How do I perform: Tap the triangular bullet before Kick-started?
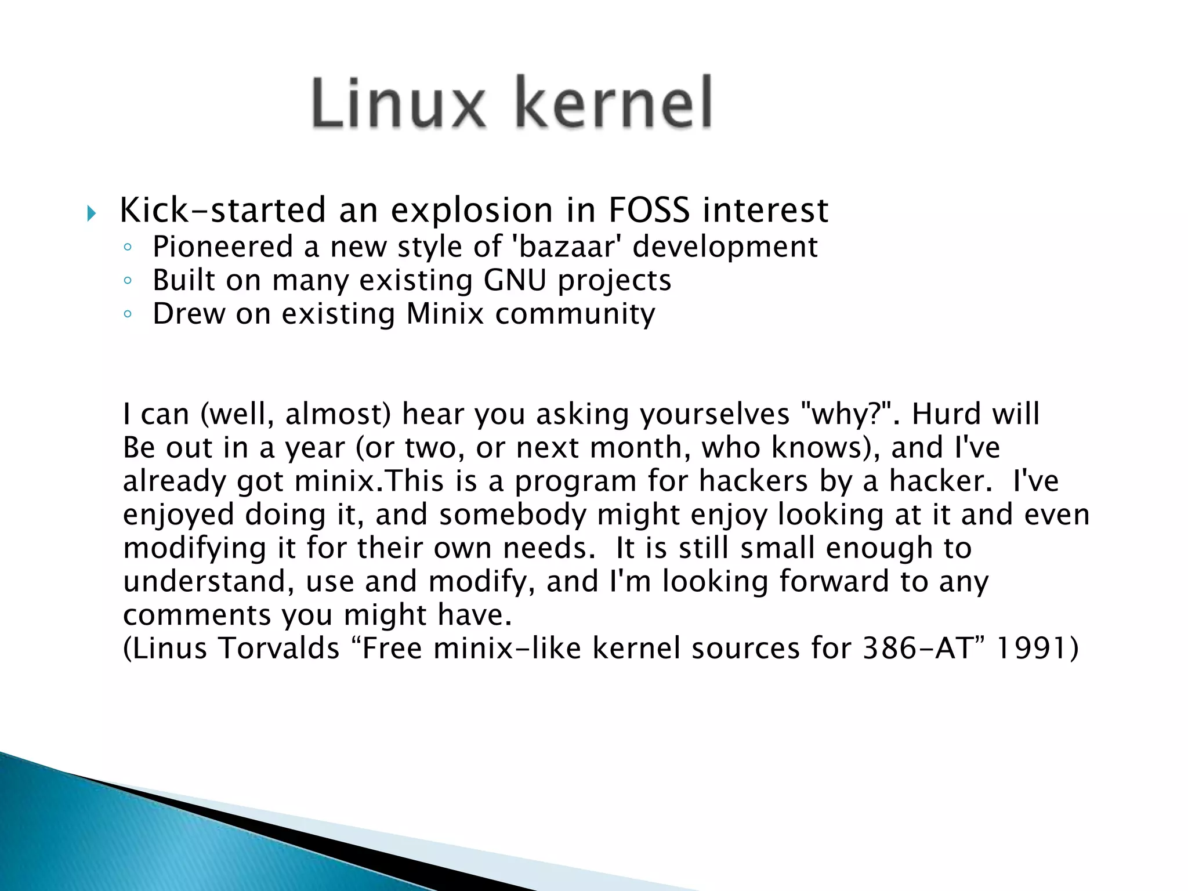(x=91, y=213)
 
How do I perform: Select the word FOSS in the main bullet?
(x=649, y=210)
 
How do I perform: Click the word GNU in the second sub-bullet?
(x=515, y=280)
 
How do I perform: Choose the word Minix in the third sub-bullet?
(x=444, y=314)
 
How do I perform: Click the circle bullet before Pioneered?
(x=128, y=248)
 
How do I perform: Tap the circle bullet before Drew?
(x=128, y=315)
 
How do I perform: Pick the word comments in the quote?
(x=197, y=615)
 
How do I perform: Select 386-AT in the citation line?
(x=917, y=649)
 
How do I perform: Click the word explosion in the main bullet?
(x=472, y=211)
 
